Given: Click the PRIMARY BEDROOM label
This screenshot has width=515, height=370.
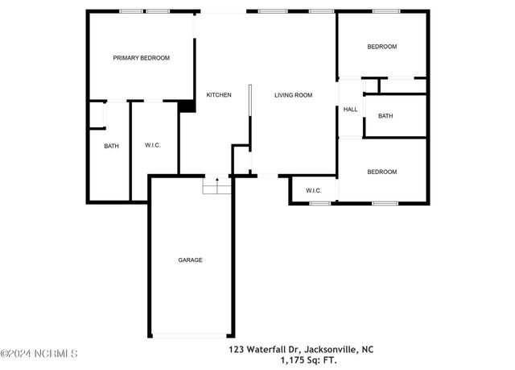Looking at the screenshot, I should coord(141,58).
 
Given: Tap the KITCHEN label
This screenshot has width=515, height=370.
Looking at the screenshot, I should coord(219,95).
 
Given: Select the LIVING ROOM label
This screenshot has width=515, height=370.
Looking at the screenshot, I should coord(293,95).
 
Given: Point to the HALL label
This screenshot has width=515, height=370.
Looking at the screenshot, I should coord(350,110).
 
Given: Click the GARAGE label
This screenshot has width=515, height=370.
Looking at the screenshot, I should coord(191,260).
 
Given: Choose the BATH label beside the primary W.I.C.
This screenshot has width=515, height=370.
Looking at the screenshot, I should coord(111,146).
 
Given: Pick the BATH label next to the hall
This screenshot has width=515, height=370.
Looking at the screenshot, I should coord(385,116).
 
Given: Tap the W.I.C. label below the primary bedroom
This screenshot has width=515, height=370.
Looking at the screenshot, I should coord(153,146).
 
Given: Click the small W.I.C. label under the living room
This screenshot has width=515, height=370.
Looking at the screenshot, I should coord(313,191).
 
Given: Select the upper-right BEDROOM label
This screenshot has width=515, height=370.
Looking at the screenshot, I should coord(382,47).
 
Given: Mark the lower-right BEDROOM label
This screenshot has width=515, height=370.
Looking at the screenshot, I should coord(382,172).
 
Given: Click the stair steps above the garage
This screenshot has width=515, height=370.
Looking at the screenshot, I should coord(216,188).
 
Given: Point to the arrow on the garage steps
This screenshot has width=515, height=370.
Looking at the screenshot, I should coord(216,181).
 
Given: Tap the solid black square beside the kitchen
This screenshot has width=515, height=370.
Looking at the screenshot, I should coord(187,105).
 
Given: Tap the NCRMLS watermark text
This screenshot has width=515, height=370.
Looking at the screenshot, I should coord(39,354).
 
